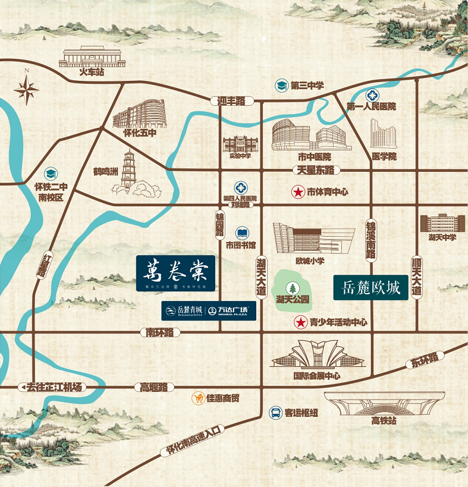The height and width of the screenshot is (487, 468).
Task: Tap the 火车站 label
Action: (92, 73)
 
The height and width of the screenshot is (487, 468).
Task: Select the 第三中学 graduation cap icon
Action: (281, 86)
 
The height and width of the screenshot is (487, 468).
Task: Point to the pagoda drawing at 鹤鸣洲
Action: (129, 172)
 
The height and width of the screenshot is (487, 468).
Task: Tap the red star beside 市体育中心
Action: (297, 192)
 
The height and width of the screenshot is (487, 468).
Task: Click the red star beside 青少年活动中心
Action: (301, 323)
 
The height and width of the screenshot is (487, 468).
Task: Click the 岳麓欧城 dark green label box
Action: (370, 288)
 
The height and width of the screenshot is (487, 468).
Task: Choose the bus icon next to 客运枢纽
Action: (275, 412)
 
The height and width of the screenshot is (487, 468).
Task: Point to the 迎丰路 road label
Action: (231, 101)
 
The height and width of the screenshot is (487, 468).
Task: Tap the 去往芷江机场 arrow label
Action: (53, 387)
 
